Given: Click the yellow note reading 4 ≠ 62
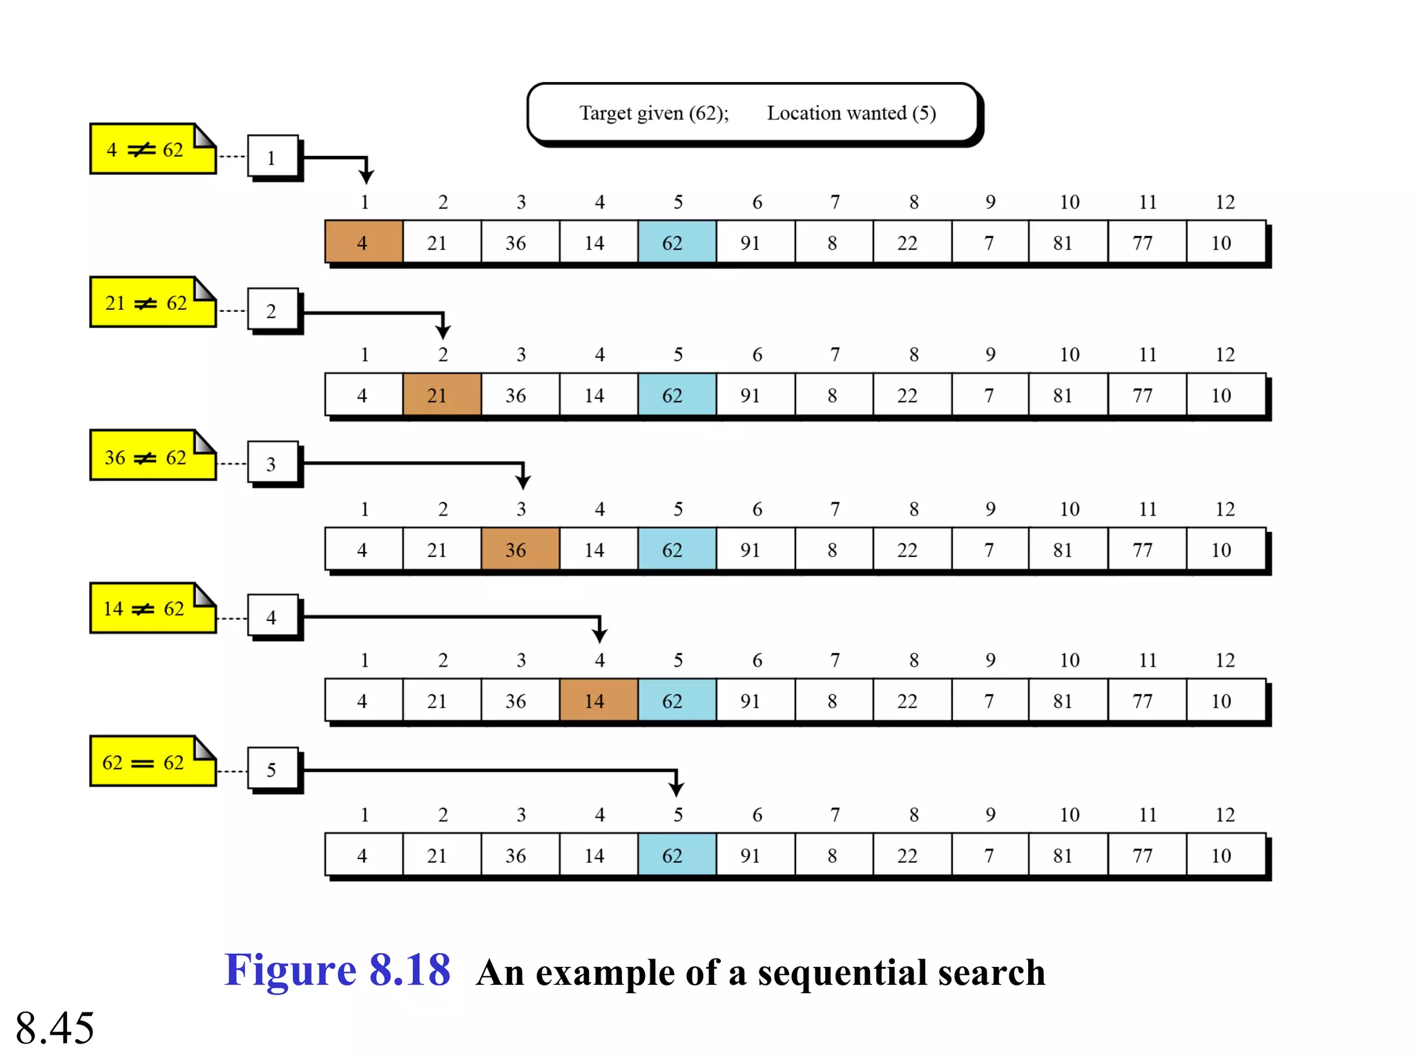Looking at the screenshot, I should click(x=152, y=149).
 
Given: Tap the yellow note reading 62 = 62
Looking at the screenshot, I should click(x=152, y=762).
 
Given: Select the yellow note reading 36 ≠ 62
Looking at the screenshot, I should click(x=152, y=456).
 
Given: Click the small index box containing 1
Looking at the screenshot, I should click(x=273, y=157).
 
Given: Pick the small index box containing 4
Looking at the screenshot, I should click(x=273, y=616).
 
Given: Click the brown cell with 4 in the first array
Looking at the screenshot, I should click(x=364, y=242).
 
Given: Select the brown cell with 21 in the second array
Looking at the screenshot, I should click(x=442, y=395).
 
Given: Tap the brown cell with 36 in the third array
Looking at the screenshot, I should click(x=520, y=549).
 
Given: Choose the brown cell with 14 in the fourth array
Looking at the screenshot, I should click(x=599, y=700).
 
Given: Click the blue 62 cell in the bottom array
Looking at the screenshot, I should click(x=677, y=855).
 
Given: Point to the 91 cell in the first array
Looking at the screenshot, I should click(x=755, y=242).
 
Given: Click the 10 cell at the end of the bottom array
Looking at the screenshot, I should click(x=1226, y=855).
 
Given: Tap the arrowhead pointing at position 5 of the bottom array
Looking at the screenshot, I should click(x=677, y=787).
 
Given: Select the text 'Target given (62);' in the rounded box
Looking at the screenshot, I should click(x=654, y=112).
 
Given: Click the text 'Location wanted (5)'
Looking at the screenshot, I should click(x=851, y=112).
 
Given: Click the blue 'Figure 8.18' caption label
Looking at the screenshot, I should click(x=338, y=970).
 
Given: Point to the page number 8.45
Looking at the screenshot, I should click(x=55, y=1028).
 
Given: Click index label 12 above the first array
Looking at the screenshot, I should click(x=1225, y=202).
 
